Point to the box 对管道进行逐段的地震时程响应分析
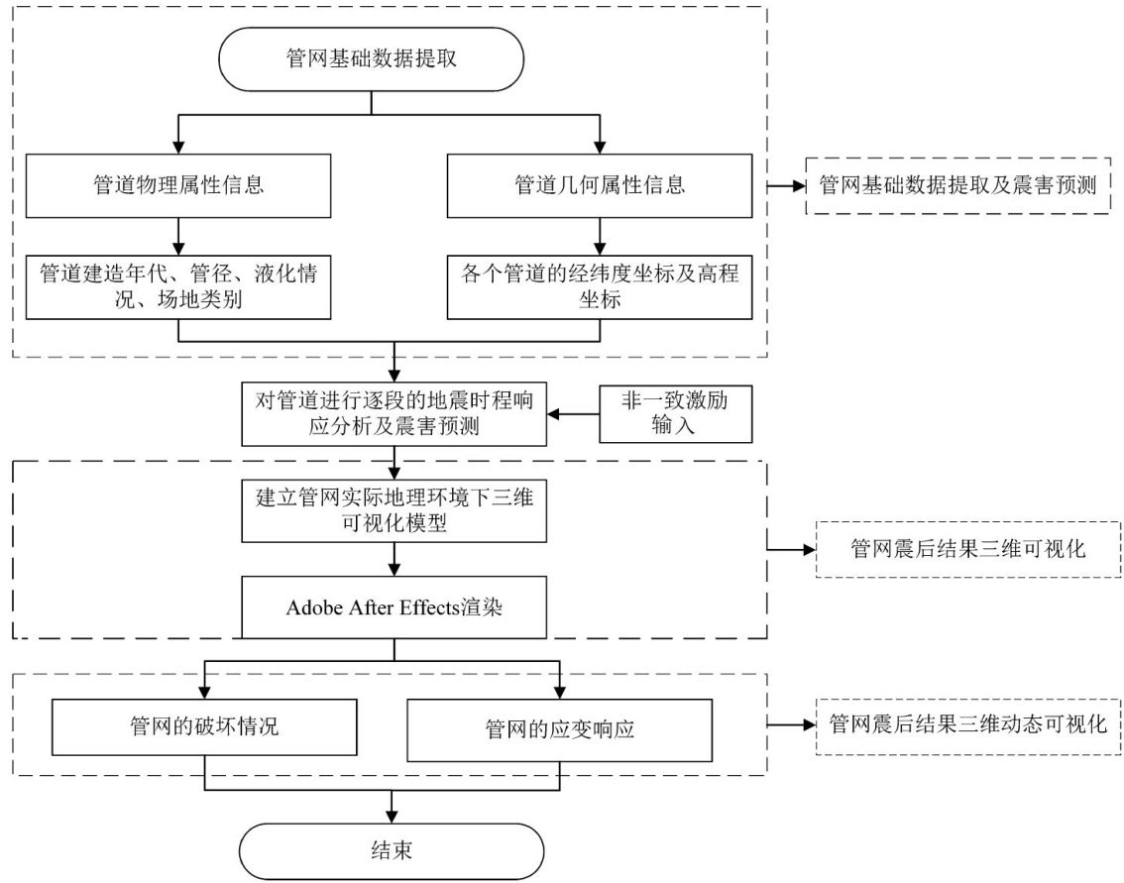[x=394, y=415]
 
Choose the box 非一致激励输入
[x=674, y=415]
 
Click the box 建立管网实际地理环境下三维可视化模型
[x=394, y=510]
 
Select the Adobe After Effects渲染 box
[x=394, y=607]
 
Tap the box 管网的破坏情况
[x=203, y=728]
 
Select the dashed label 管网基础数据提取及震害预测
[x=956, y=184]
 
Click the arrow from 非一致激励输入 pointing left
[x=575, y=415]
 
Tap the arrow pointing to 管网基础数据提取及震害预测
[x=789, y=184]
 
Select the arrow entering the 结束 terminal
[x=394, y=808]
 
